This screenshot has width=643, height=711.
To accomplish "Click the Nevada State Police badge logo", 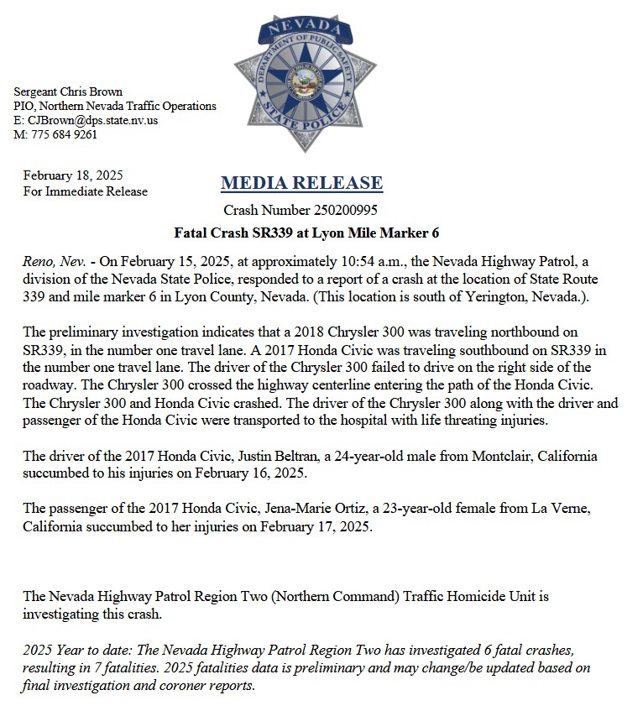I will pos(305,81).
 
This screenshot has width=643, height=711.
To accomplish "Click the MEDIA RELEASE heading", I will pos(301,182).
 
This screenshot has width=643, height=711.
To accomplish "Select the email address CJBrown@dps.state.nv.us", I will pos(93,120).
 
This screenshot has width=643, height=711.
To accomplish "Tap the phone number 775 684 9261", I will pos(62,134).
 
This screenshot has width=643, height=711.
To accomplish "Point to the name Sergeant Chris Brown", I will pos(68,91).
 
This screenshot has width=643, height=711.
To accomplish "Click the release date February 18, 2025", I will pos(73,175).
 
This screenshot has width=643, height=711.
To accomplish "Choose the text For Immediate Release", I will pos(85,191).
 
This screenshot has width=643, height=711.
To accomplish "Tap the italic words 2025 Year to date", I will pos(73,651).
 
